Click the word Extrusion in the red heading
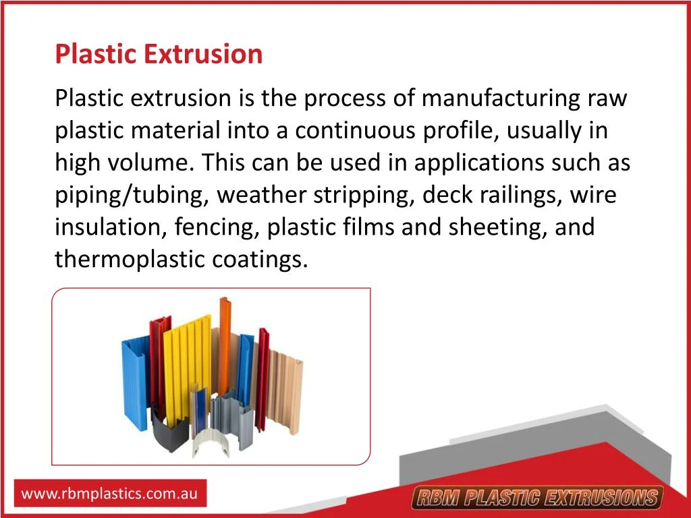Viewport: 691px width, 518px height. click(x=202, y=53)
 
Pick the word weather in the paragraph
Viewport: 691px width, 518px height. click(x=261, y=195)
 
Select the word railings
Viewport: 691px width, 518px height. click(x=518, y=195)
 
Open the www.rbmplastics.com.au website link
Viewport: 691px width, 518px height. click(x=110, y=494)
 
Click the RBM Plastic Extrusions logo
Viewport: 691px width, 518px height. click(x=537, y=498)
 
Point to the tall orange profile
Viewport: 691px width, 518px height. click(x=223, y=337)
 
